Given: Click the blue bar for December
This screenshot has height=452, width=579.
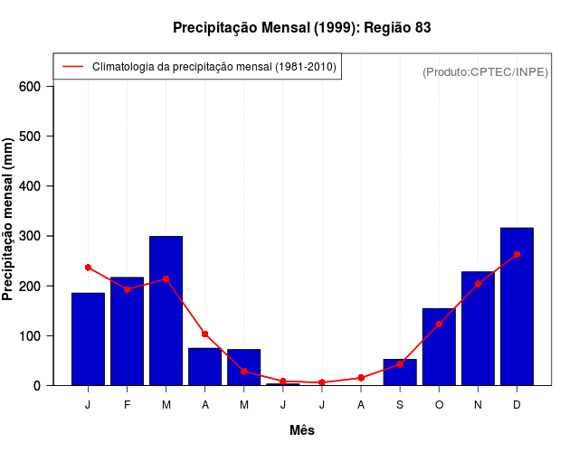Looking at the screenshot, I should click(517, 307).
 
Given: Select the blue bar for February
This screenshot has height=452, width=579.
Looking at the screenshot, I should click(127, 331).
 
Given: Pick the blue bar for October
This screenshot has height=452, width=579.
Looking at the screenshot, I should click(439, 347).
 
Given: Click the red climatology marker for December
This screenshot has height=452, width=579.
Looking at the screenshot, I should click(517, 255).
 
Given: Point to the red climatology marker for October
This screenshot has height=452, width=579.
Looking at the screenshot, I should click(439, 324).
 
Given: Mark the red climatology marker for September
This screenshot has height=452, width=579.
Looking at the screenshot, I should click(400, 364).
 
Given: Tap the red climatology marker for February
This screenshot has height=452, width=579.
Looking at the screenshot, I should click(127, 289).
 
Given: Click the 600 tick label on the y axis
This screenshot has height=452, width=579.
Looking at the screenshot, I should click(31, 87).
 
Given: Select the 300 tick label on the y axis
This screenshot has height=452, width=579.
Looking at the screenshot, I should click(31, 236).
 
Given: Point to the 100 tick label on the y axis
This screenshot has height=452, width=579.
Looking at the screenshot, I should click(31, 336).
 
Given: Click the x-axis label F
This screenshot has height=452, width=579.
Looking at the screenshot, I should click(127, 405).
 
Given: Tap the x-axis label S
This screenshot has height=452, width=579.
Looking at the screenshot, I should click(400, 405).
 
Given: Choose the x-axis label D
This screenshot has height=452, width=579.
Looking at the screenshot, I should click(517, 405).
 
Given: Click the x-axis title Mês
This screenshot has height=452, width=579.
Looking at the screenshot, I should click(302, 430).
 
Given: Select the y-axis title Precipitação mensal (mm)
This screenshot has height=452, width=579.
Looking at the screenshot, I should click(9, 226).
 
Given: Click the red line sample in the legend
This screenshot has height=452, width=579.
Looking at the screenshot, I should click(73, 67).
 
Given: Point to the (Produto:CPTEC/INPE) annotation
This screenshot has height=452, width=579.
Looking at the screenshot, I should click(486, 71).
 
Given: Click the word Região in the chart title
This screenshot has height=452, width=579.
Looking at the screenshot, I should click(388, 28).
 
